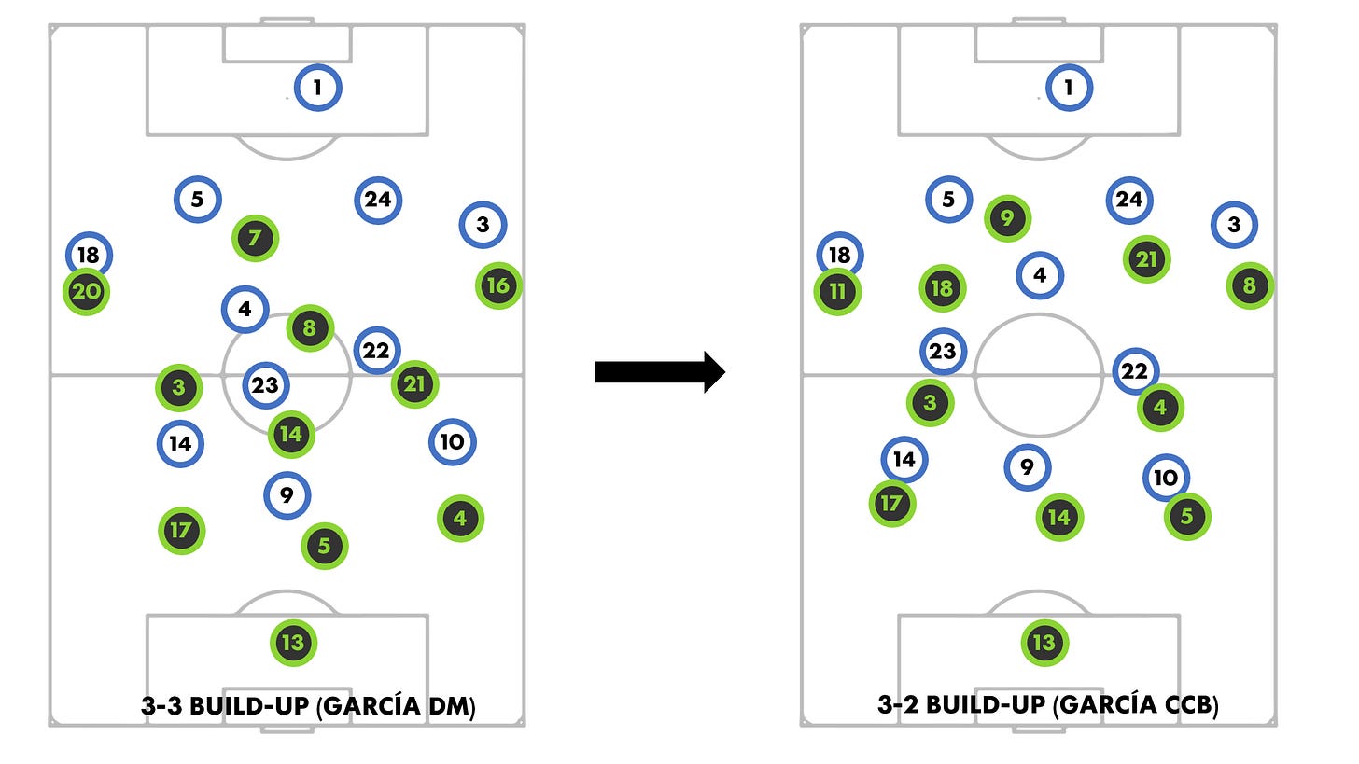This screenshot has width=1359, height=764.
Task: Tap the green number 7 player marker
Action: pos(256,239)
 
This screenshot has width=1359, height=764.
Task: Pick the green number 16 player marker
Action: pos(498,285)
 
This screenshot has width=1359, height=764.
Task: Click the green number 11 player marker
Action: pos(837,291)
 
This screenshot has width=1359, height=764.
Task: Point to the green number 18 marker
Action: pos(943,288)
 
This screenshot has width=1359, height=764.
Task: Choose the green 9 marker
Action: pos(1008,219)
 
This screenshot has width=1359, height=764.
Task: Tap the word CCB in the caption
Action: pos(1185,706)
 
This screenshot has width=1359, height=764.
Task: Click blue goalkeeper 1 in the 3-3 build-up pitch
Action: pos(318,89)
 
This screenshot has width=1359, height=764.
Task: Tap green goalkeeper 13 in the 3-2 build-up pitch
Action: pos(1044,643)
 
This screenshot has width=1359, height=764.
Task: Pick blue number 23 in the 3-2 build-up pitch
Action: pos(943,352)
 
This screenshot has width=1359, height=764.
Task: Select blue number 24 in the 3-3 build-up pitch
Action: pos(378,200)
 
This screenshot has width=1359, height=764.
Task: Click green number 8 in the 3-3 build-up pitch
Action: pos(310,328)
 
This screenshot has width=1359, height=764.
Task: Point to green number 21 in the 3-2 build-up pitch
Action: pos(1147,259)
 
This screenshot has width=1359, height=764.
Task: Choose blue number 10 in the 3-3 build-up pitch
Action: pos(453,442)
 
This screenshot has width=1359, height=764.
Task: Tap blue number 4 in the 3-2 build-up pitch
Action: pos(1040,275)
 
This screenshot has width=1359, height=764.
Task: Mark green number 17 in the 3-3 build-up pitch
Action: pos(181,531)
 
